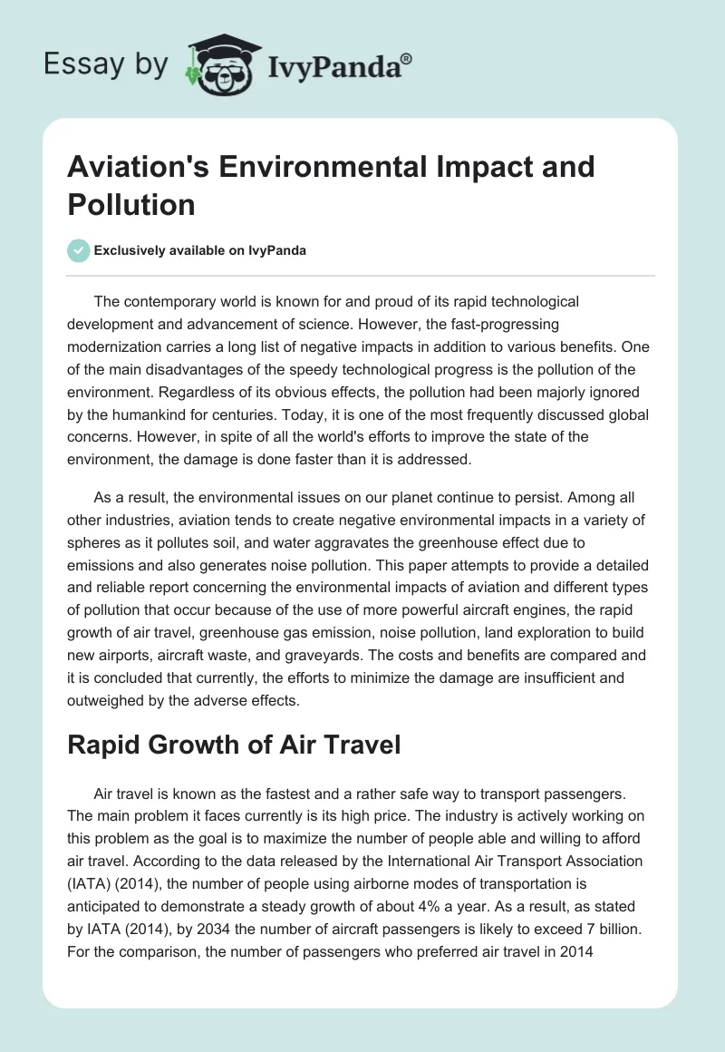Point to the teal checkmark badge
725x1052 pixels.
79,250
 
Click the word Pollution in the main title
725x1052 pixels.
131,204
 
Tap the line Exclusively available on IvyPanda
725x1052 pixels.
199,250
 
